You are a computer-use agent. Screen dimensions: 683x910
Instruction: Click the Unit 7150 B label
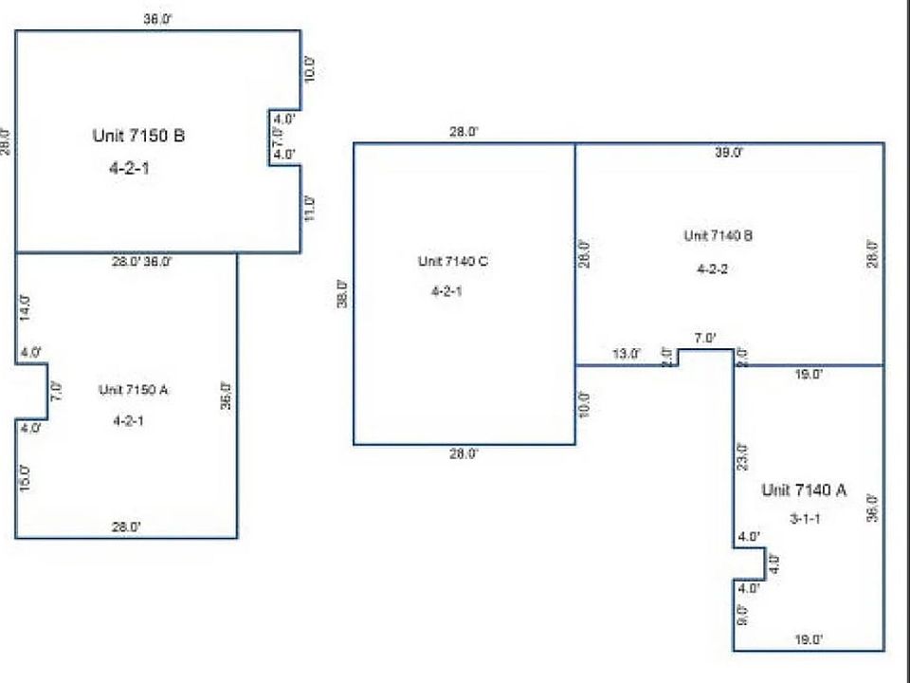(138, 136)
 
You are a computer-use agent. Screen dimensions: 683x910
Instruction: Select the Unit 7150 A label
(134, 389)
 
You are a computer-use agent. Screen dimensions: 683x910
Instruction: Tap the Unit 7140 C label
(453, 261)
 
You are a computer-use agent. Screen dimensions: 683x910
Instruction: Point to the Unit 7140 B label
(719, 235)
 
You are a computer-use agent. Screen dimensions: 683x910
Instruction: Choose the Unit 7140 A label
(805, 490)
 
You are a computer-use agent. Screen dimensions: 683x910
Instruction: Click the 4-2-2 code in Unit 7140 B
(711, 268)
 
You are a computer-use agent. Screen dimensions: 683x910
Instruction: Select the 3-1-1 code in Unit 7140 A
(805, 519)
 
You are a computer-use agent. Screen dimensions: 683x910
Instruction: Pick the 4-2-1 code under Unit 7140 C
(446, 291)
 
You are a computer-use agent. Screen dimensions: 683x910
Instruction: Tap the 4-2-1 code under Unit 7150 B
(129, 171)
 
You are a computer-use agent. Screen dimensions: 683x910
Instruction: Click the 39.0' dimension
(729, 152)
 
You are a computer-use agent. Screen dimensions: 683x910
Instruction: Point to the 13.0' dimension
(626, 354)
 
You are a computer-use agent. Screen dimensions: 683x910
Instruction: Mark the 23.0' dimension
(742, 456)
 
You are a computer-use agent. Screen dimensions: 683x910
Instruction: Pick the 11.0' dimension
(309, 209)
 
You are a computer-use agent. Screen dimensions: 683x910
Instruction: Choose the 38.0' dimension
(342, 293)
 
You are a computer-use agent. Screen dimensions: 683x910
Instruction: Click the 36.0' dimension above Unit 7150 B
(157, 19)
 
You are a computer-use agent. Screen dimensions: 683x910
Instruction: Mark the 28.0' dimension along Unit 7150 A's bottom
(127, 526)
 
